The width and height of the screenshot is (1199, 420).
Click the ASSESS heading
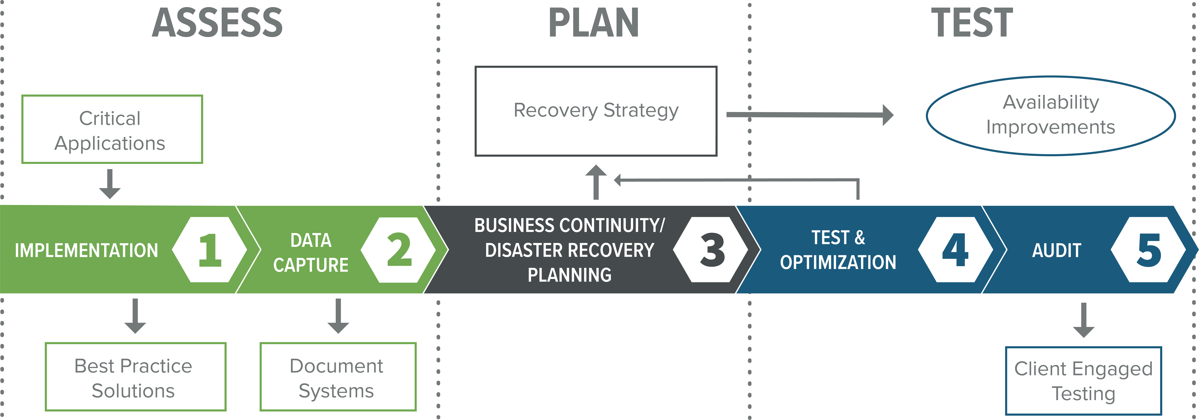pyautogui.click(x=217, y=23)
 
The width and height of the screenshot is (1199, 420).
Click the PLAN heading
pyautogui.click(x=593, y=23)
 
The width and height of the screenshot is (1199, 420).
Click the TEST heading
pyautogui.click(x=972, y=23)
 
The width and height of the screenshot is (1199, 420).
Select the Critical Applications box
pyautogui.click(x=112, y=129)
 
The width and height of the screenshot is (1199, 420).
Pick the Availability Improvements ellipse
pyautogui.click(x=1051, y=115)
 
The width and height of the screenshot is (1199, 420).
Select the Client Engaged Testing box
pyautogui.click(x=1083, y=380)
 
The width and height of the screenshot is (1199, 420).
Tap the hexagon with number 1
pyautogui.click(x=210, y=250)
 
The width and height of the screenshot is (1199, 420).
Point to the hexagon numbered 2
pyautogui.click(x=398, y=250)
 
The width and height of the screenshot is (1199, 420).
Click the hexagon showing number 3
pyautogui.click(x=711, y=250)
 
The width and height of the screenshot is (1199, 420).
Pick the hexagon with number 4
pyautogui.click(x=955, y=250)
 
